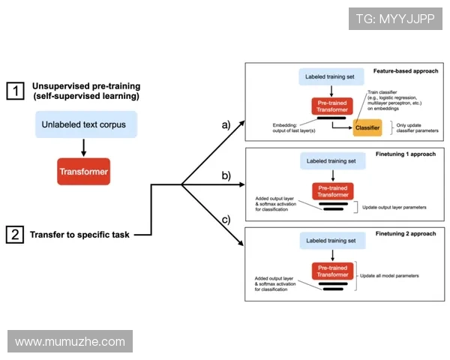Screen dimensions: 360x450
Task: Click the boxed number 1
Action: (x=15, y=91)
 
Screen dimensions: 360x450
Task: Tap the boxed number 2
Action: (x=15, y=234)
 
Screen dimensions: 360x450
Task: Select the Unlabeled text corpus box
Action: (x=84, y=124)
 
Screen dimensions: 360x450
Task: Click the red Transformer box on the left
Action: (x=84, y=172)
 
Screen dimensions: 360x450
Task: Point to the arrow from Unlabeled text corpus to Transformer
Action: (x=84, y=148)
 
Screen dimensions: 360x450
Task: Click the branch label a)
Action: (x=224, y=125)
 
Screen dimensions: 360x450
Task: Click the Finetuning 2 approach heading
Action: (x=405, y=234)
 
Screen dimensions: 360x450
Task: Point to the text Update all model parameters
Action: (x=389, y=275)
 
